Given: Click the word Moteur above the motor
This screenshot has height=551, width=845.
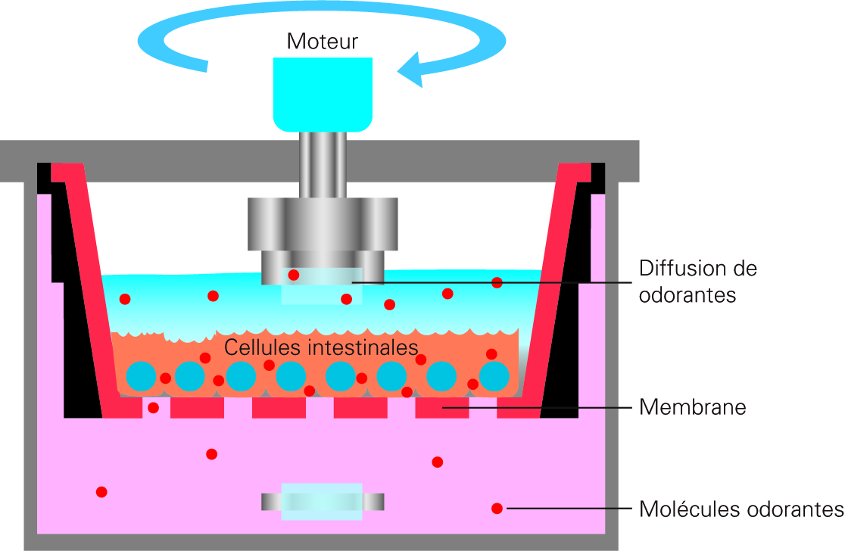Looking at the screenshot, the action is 323,42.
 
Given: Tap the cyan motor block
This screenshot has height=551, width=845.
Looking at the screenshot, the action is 323,95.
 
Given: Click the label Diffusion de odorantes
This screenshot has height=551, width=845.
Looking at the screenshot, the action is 698,281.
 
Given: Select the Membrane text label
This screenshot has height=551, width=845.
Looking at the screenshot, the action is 693,407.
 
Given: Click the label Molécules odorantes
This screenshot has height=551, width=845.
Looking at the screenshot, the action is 741,509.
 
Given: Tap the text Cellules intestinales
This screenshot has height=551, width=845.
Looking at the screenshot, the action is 321,347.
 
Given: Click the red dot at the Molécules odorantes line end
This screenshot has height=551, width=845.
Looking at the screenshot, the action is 497,509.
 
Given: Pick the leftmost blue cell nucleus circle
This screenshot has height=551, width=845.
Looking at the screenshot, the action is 141,376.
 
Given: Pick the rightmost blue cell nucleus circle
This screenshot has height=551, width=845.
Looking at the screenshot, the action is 494,376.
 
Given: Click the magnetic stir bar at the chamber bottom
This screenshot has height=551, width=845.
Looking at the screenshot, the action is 323,502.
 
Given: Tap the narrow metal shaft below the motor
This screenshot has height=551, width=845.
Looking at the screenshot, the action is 323,165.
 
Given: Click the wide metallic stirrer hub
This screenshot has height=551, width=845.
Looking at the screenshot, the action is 323,224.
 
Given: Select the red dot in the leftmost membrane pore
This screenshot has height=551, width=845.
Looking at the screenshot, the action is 153,408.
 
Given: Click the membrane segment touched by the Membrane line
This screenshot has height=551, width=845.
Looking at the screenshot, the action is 442,408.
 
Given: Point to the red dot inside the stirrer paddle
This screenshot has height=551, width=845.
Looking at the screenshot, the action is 293,275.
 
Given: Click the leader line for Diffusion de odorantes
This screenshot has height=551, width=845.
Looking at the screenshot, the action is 491,282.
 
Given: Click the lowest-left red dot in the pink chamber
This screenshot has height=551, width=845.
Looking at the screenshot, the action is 101,492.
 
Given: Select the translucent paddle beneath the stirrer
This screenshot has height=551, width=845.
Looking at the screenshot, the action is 322,286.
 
